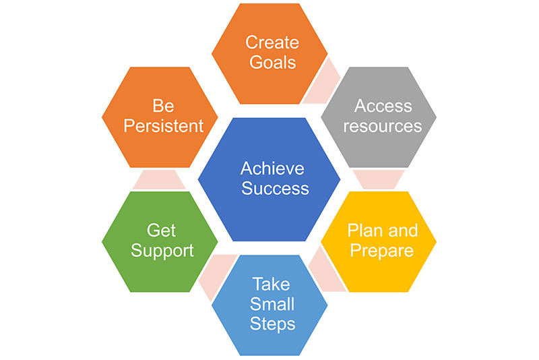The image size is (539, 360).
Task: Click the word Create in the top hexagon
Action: [272, 42]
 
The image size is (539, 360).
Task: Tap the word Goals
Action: [273, 62]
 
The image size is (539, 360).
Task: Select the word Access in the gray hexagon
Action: [383, 106]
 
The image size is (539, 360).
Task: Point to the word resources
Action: [383, 126]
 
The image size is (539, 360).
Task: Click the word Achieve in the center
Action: [272, 168]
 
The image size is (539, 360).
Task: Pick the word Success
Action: [275, 188]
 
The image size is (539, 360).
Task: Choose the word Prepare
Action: [381, 251]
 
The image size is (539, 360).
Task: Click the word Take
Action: [272, 284]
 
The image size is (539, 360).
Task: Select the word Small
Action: [272, 304]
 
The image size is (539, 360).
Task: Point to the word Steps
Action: [273, 324]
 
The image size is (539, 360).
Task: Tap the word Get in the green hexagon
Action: [161, 231]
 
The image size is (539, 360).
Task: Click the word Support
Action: [162, 251]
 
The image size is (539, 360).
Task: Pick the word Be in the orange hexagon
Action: [163, 106]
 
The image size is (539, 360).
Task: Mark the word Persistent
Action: [163, 126]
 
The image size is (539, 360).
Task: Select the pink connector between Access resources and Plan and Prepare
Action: [379, 179]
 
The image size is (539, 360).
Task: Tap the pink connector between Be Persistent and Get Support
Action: [159, 179]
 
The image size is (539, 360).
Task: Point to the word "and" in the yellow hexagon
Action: [402, 231]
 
